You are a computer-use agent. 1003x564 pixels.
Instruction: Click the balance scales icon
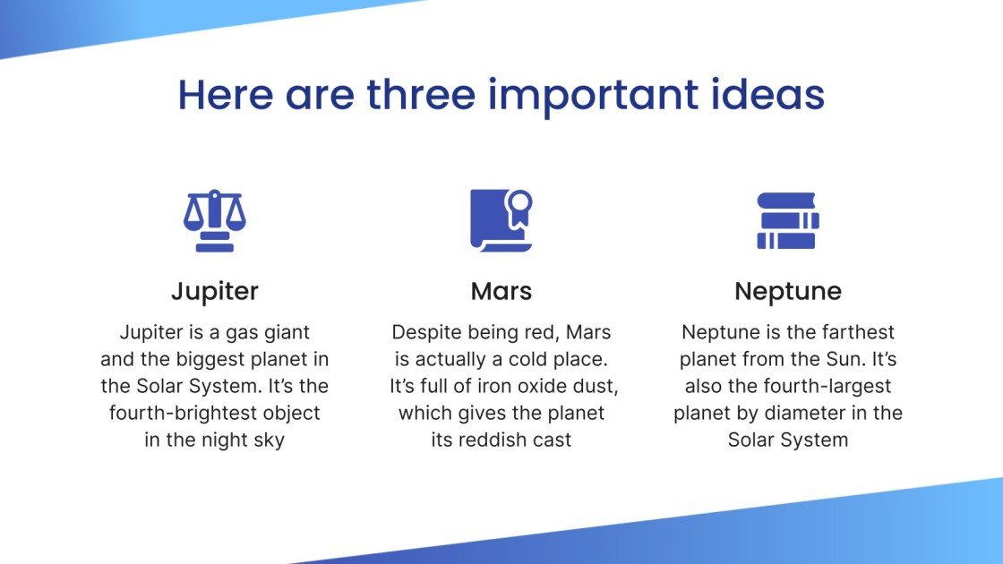[x=214, y=220]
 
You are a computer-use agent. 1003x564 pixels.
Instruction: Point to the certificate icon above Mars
[x=501, y=220]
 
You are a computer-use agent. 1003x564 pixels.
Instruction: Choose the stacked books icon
[x=787, y=220]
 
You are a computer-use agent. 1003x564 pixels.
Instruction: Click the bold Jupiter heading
[x=214, y=291]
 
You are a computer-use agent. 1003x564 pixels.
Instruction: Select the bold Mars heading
[x=501, y=291]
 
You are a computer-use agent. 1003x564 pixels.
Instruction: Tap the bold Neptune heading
[x=787, y=291]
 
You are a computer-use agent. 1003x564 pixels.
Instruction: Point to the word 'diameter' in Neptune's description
[x=813, y=413]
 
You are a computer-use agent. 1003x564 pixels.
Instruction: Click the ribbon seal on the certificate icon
[x=521, y=203]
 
